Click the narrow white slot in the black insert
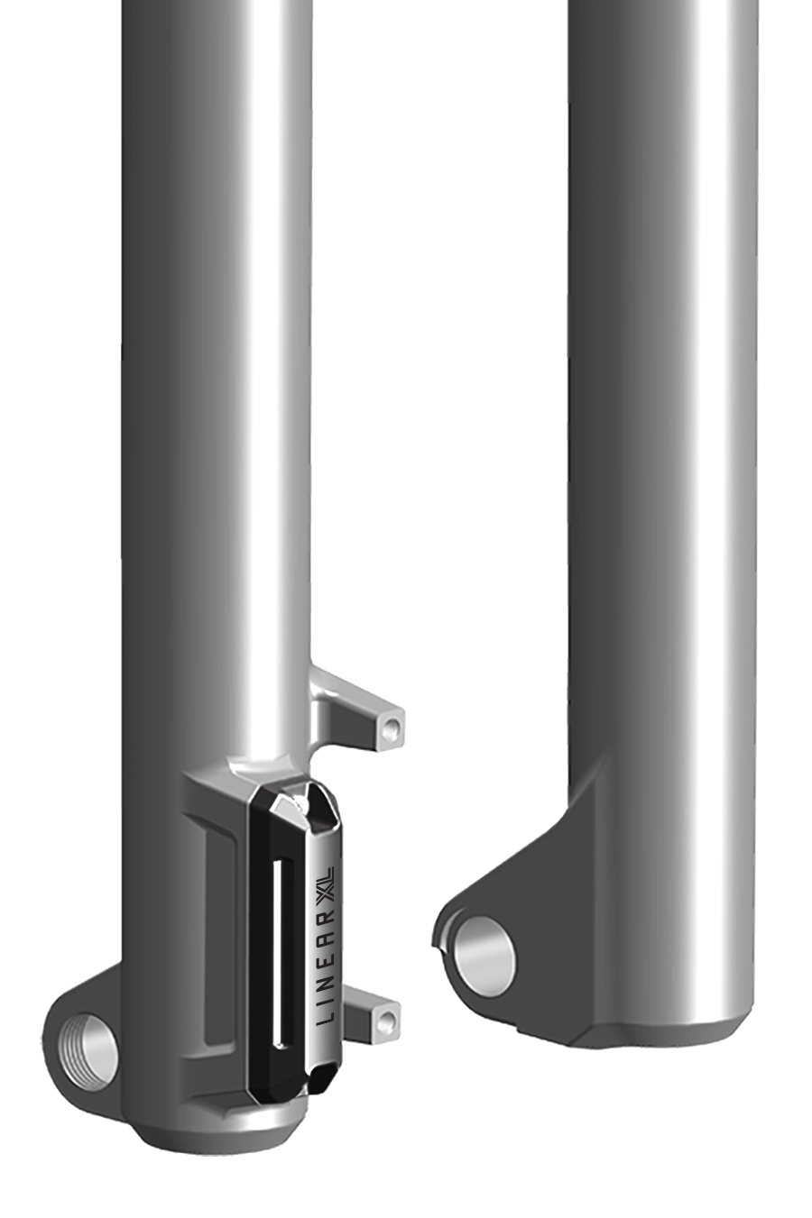click(281, 949)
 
